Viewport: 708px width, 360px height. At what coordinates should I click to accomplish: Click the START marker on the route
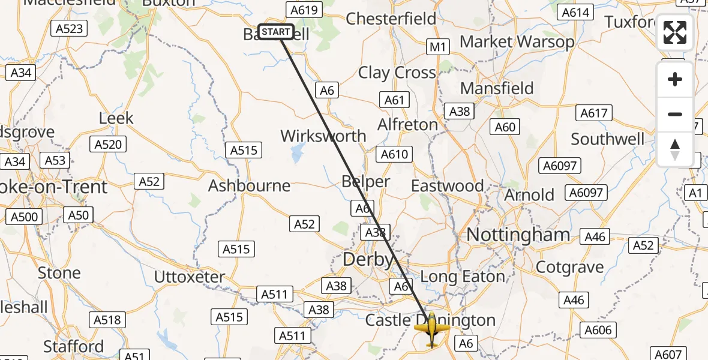pyautogui.click(x=276, y=32)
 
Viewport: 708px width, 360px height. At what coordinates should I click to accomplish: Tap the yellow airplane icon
pyautogui.click(x=431, y=329)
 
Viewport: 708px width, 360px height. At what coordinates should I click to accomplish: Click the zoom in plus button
pyautogui.click(x=675, y=80)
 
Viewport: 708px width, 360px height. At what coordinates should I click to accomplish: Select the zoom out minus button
pyautogui.click(x=675, y=114)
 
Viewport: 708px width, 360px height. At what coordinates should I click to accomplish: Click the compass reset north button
pyautogui.click(x=675, y=149)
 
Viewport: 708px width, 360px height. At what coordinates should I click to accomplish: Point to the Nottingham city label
pyautogui.click(x=518, y=235)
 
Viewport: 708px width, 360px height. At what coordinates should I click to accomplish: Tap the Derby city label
pyautogui.click(x=368, y=260)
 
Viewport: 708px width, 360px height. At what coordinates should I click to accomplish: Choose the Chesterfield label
pyautogui.click(x=391, y=19)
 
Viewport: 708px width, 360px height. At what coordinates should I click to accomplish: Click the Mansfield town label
pyautogui.click(x=497, y=88)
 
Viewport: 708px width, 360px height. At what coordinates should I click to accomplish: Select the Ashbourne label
pyautogui.click(x=249, y=186)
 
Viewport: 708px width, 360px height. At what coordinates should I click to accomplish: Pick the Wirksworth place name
pyautogui.click(x=323, y=136)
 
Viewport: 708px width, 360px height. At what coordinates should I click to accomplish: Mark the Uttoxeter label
pyautogui.click(x=190, y=277)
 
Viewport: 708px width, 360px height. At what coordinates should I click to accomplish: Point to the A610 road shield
pyautogui.click(x=395, y=154)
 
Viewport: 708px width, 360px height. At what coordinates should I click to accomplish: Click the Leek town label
pyautogui.click(x=116, y=118)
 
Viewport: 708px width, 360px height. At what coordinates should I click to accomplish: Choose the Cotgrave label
pyautogui.click(x=569, y=267)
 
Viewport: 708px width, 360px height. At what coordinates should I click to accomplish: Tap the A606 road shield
pyautogui.click(x=598, y=330)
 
